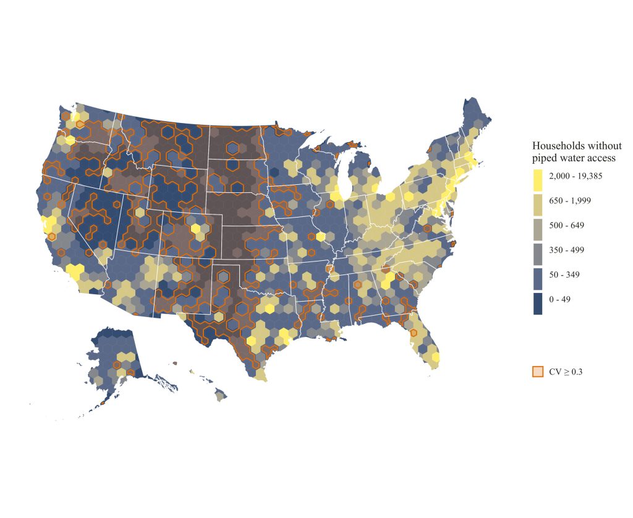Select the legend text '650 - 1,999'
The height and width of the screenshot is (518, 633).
pos(569,201)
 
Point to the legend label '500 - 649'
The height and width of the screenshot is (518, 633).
pos(567,226)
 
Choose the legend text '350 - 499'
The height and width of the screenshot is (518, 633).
pos(567,250)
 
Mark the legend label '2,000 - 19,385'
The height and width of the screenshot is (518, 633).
pos(575,176)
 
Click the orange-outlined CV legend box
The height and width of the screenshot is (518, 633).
pos(538,371)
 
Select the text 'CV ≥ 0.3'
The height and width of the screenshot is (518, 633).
pos(566,371)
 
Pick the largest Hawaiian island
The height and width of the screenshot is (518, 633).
pos(220,394)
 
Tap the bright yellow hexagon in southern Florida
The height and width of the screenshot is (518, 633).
pos(436,357)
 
